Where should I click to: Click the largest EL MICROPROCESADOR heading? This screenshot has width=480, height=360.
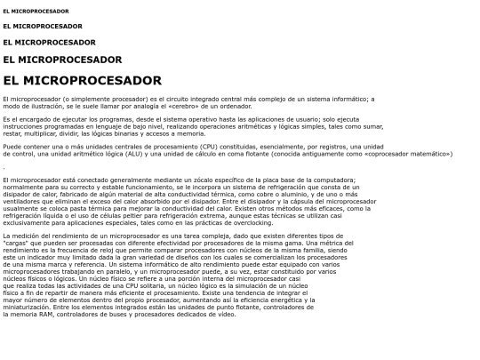tap(82, 81)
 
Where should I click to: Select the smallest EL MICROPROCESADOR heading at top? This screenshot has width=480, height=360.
tap(36, 12)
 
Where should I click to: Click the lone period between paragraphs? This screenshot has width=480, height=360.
tap(4, 166)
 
